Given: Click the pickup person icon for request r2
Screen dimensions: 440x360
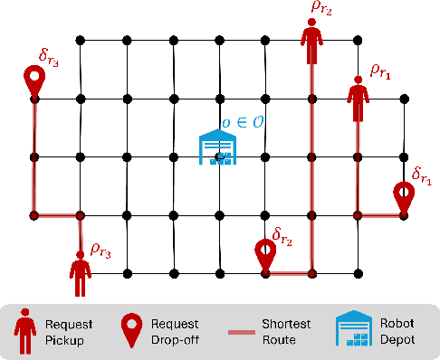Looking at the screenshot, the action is click(x=312, y=43).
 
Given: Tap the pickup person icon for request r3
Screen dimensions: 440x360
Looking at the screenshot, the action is click(x=81, y=272).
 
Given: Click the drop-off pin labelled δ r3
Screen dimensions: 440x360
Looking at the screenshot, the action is click(x=34, y=82).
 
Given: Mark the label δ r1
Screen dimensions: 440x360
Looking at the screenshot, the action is click(x=422, y=174).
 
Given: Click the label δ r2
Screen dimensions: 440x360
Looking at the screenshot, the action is click(x=283, y=233).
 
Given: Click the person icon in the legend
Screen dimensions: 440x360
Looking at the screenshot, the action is click(x=24, y=332).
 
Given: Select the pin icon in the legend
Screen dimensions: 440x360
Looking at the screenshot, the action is click(x=132, y=332).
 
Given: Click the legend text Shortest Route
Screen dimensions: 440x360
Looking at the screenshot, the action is click(x=283, y=331).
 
